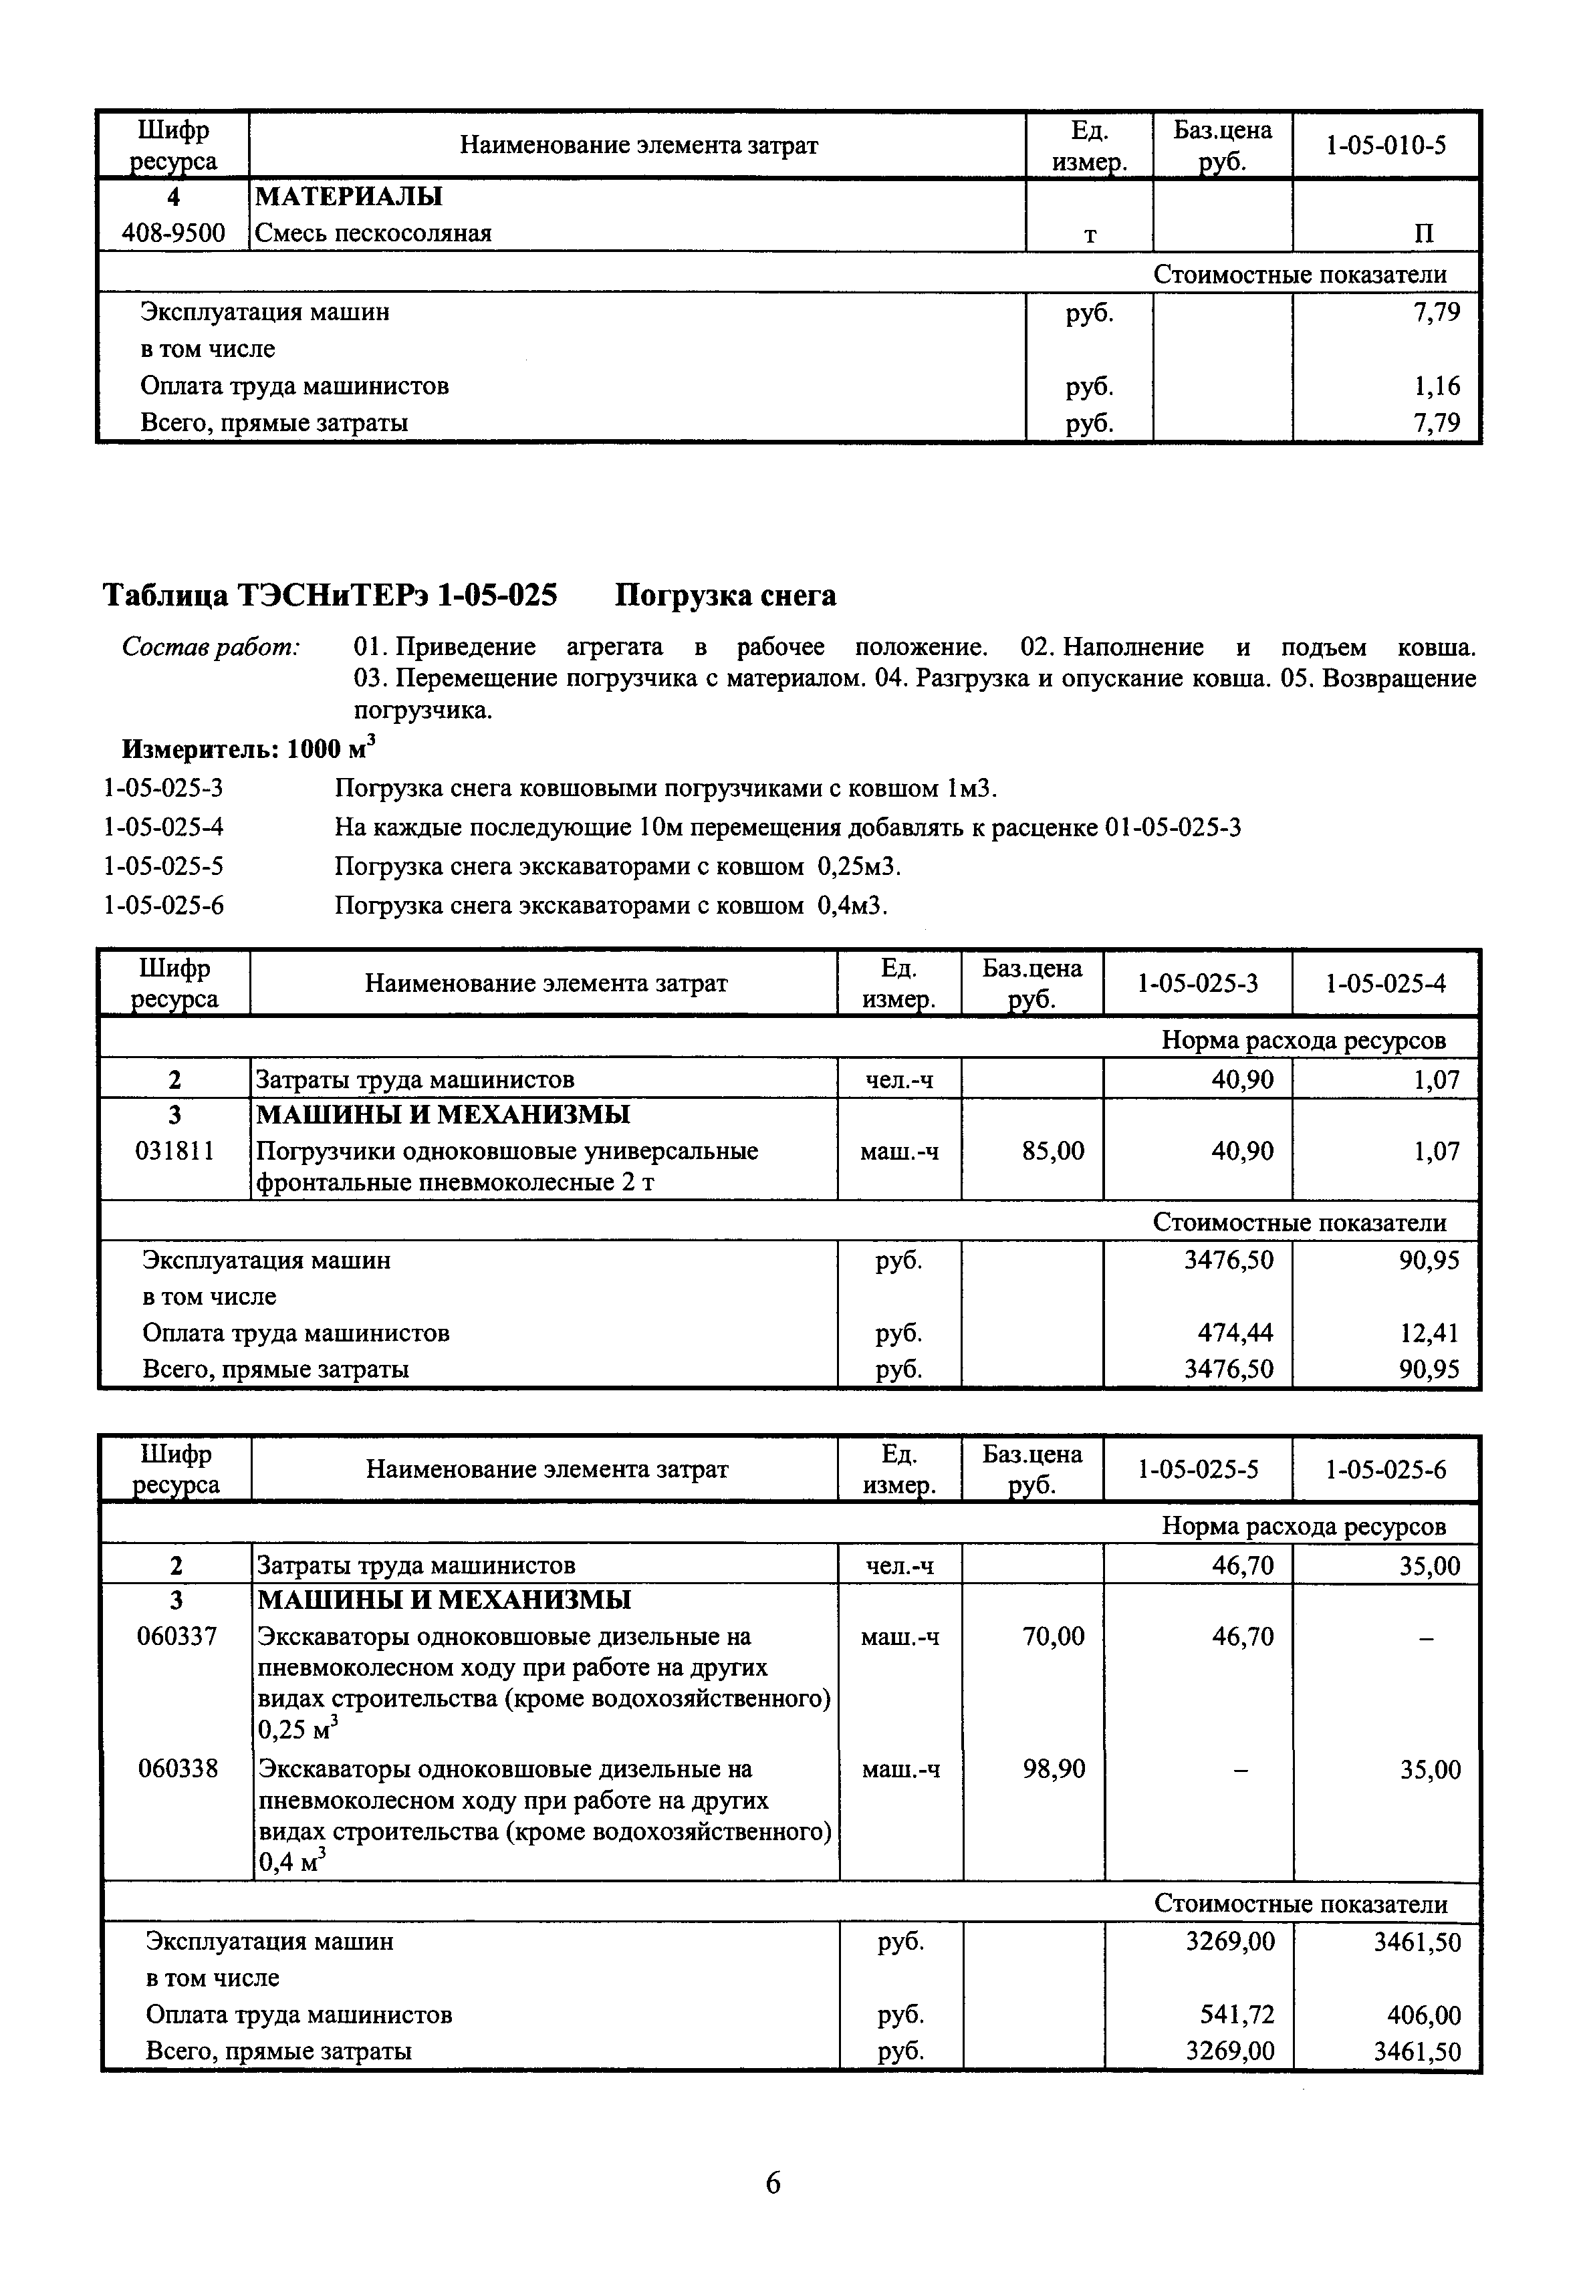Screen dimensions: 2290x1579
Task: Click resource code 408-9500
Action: click(x=173, y=233)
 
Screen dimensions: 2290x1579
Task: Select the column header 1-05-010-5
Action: click(x=1385, y=146)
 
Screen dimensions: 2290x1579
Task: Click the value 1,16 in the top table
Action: click(x=1437, y=386)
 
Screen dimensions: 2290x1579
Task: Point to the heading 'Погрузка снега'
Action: click(x=725, y=596)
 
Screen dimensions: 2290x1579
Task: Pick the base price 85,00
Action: click(x=1053, y=1152)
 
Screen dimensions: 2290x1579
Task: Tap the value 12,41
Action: click(x=1431, y=1333)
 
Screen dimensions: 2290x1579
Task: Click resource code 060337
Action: click(x=176, y=1637)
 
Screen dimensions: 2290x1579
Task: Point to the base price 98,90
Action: click(x=1054, y=1770)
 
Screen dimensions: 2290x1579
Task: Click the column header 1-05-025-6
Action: click(x=1385, y=1470)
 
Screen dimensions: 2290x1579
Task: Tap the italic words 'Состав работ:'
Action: click(x=210, y=647)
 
